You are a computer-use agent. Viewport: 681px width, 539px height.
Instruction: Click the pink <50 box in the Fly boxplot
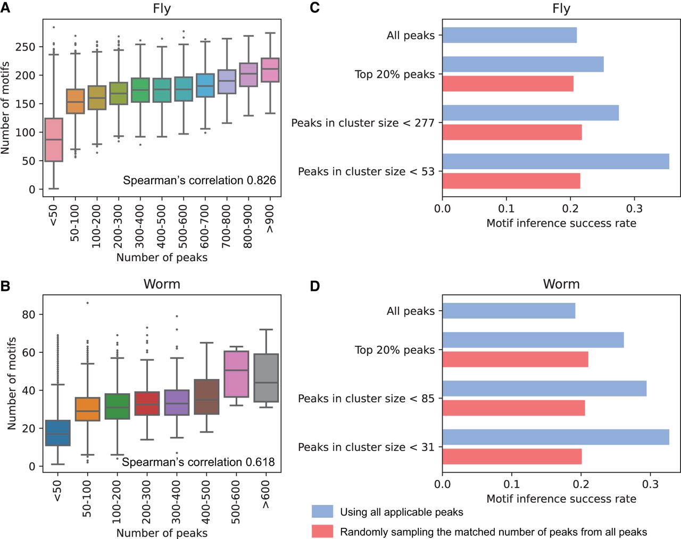[x=54, y=139]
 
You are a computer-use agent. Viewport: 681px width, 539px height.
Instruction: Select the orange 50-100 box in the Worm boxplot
[x=87, y=409]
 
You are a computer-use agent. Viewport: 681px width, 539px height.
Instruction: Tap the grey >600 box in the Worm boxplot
[x=266, y=378]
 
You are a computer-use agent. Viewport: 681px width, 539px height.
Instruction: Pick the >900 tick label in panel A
[x=270, y=219]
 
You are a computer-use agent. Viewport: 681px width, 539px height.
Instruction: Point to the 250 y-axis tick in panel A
[x=25, y=47]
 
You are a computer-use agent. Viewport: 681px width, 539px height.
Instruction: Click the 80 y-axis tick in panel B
[x=29, y=314]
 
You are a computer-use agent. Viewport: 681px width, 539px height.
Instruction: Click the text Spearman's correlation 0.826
[x=200, y=180]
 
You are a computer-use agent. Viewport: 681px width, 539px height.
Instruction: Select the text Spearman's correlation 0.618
[x=198, y=462]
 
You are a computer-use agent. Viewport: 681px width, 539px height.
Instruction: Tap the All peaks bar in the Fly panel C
[x=509, y=35]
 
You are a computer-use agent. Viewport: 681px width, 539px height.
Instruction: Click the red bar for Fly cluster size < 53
[x=511, y=181]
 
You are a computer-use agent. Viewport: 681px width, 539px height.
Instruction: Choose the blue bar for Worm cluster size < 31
[x=555, y=437]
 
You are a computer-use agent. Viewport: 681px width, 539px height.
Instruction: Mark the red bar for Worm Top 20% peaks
[x=515, y=359]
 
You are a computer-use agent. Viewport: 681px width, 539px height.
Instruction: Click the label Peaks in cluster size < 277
[x=363, y=123]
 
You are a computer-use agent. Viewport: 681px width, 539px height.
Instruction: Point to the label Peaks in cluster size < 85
[x=366, y=399]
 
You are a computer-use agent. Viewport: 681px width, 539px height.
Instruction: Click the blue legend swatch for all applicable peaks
[x=322, y=512]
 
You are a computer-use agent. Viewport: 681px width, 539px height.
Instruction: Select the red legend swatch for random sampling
[x=322, y=532]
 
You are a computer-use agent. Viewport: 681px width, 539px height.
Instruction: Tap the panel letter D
[x=315, y=286]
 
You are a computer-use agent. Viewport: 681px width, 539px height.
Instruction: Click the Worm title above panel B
[x=162, y=284]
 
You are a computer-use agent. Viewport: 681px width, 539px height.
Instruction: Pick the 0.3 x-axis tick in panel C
[x=635, y=208]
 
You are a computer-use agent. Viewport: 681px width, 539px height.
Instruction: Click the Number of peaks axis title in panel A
[x=162, y=258]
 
